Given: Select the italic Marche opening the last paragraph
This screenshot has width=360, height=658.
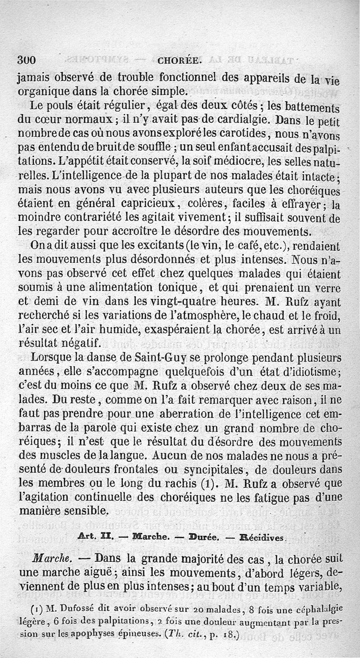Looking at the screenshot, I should coord(50,559).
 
